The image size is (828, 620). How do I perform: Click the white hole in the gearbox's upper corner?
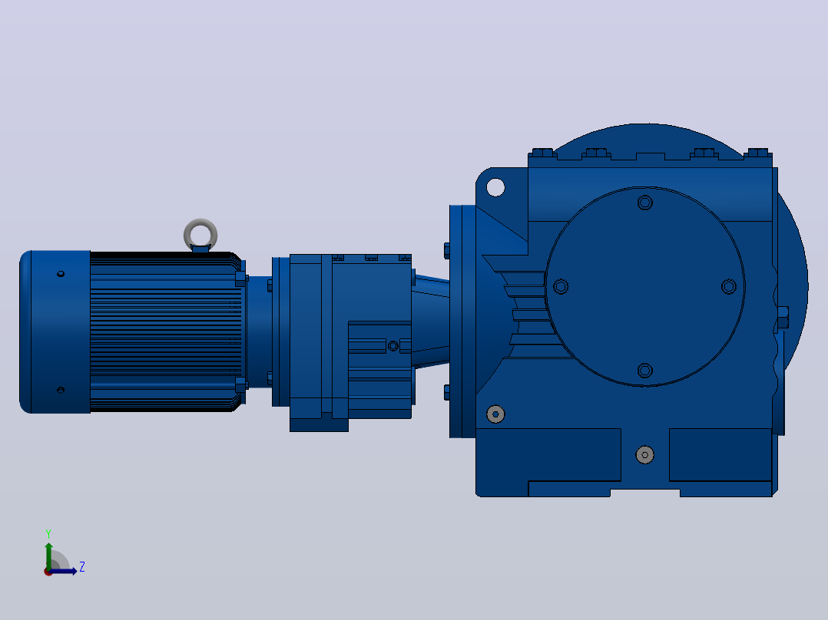point(495,187)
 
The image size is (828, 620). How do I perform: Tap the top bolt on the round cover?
point(644,203)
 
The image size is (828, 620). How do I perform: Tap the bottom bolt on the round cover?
point(644,371)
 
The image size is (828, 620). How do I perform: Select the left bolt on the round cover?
point(561,286)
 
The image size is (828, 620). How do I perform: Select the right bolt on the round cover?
point(729,286)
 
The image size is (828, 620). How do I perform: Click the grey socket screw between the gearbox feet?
point(644,455)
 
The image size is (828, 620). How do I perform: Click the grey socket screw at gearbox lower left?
point(495,414)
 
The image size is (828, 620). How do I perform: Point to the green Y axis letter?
point(48,533)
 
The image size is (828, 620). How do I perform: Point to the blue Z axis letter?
point(82,567)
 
